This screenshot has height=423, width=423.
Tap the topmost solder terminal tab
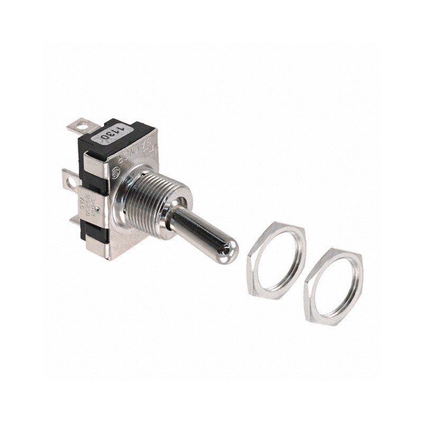pos(78,127)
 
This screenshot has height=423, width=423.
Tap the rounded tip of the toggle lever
pos(229,251)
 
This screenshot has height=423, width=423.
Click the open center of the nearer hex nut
pos(276,260)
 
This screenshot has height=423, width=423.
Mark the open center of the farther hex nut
pos(334,286)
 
